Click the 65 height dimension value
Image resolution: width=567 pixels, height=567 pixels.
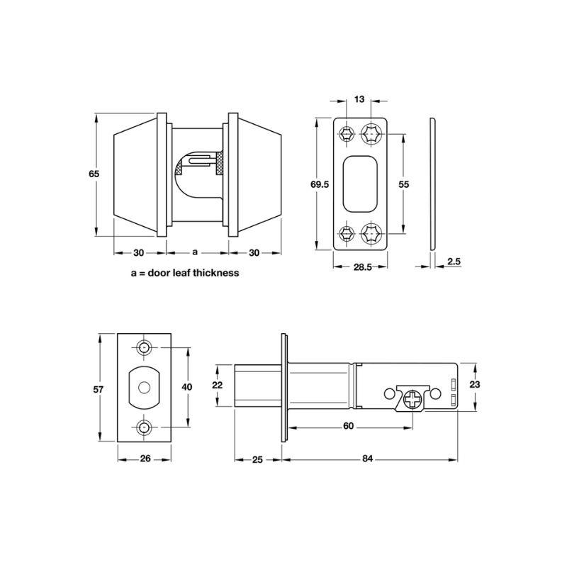(x=94, y=174)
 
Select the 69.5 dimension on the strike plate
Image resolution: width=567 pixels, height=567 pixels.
(x=320, y=184)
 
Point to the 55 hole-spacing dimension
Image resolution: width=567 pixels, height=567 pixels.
(x=403, y=184)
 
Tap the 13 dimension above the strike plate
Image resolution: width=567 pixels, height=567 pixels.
(x=359, y=99)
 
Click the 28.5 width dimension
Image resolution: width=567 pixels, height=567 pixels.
(x=362, y=267)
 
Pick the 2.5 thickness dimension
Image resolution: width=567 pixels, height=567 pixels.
(x=454, y=261)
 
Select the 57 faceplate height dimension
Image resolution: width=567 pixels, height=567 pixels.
(x=99, y=389)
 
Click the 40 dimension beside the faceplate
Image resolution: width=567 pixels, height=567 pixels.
(x=186, y=387)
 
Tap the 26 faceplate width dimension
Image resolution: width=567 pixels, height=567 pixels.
(x=145, y=459)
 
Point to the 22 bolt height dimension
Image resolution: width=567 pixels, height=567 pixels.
(x=218, y=385)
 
